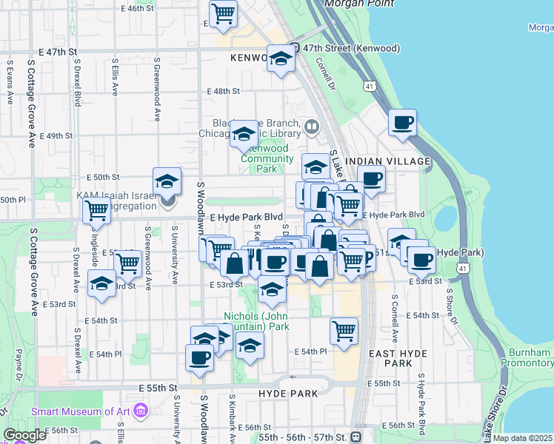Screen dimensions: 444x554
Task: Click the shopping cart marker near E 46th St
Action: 223,13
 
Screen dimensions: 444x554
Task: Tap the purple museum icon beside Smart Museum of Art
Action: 141,411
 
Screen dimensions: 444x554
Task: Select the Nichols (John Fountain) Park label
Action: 256,320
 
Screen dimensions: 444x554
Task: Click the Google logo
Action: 24,435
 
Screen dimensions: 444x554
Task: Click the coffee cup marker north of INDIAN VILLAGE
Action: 402,122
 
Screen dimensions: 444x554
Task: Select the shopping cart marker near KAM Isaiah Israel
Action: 97,210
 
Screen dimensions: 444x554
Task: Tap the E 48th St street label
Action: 225,91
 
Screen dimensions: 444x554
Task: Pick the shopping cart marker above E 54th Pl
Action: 344,331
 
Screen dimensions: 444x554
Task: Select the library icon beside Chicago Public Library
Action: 312,127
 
